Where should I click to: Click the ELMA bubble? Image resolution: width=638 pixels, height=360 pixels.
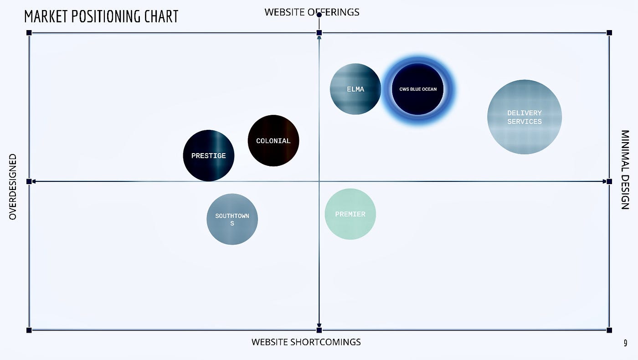(x=355, y=89)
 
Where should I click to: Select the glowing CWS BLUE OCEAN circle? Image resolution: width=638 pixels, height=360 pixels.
(x=418, y=89)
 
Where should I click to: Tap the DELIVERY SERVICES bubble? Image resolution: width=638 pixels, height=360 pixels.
(x=525, y=117)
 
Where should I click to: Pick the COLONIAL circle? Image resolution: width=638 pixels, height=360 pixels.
(x=273, y=141)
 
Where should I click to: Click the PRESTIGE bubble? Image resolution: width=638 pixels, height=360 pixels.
(x=209, y=155)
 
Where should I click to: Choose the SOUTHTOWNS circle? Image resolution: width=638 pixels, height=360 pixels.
(x=232, y=219)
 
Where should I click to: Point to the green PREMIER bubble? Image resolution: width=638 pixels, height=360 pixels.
(x=350, y=214)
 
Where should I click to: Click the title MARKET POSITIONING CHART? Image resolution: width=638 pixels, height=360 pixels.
(x=101, y=16)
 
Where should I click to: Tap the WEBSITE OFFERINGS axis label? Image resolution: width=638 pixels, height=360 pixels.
(x=312, y=12)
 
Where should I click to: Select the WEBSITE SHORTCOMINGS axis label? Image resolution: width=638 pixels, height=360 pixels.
(x=306, y=342)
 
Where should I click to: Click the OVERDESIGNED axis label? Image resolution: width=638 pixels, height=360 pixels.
(x=13, y=187)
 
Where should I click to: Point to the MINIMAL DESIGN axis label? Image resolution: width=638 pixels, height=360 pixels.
(x=625, y=170)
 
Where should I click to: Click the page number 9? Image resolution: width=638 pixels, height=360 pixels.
(x=625, y=343)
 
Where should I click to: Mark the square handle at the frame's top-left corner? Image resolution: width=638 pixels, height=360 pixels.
(x=29, y=33)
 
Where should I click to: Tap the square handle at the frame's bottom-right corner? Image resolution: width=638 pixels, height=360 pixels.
(x=609, y=330)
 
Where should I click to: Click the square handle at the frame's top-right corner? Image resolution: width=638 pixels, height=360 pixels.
(x=609, y=33)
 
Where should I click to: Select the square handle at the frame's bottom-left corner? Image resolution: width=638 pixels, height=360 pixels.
(x=29, y=330)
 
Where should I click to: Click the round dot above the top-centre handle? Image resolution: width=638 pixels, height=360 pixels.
(x=319, y=15)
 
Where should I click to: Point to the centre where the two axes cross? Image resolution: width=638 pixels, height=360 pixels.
(x=319, y=181)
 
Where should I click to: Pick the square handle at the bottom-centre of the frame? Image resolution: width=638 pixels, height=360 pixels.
(x=319, y=330)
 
